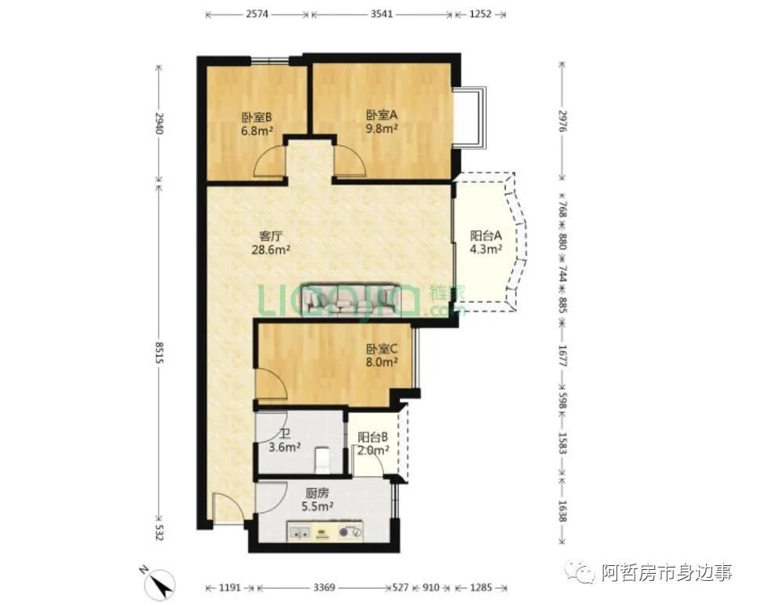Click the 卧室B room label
(257, 117)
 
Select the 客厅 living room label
(270, 236)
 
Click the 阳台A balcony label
(486, 236)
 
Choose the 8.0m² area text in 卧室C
(382, 362)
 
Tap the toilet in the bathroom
(321, 460)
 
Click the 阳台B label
(373, 437)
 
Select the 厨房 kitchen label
(317, 494)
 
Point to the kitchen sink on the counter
(300, 532)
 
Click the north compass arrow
(162, 582)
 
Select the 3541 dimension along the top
(382, 14)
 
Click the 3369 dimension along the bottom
(324, 587)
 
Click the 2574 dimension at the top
(257, 14)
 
